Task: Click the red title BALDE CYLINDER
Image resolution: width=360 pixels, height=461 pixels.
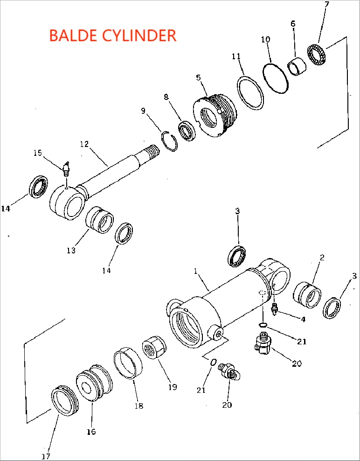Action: [x=112, y=35]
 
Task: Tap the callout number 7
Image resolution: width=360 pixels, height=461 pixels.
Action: [x=326, y=5]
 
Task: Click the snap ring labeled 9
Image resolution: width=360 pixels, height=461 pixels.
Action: [x=171, y=142]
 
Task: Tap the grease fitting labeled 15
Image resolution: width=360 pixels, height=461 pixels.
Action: [x=66, y=168]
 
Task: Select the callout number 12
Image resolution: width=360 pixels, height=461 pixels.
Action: [x=84, y=144]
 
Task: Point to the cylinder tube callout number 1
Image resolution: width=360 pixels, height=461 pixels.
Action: [x=196, y=271]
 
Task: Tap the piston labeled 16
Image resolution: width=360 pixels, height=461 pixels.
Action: [x=94, y=383]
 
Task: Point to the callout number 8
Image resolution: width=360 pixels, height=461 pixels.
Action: [x=166, y=97]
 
